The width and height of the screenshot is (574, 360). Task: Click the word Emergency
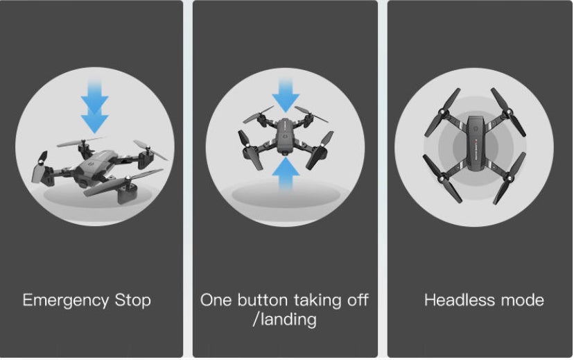click(x=66, y=301)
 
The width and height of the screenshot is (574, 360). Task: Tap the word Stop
click(x=133, y=301)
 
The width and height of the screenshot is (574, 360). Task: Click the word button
click(x=263, y=300)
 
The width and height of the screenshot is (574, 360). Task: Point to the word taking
click(x=318, y=301)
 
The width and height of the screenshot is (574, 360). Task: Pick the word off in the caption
click(x=358, y=300)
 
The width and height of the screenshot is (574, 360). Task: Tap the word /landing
click(x=285, y=320)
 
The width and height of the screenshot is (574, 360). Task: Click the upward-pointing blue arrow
click(x=286, y=173)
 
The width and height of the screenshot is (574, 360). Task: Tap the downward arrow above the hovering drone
click(x=286, y=95)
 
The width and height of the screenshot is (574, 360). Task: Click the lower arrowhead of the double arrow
click(x=95, y=123)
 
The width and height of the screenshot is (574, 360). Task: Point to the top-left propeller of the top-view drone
click(x=442, y=112)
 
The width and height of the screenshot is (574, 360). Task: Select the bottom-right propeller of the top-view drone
click(x=510, y=178)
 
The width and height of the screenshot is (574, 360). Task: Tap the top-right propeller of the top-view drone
click(x=508, y=112)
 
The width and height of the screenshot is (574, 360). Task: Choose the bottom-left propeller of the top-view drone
click(x=442, y=178)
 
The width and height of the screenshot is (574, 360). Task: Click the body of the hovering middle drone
click(x=286, y=135)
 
